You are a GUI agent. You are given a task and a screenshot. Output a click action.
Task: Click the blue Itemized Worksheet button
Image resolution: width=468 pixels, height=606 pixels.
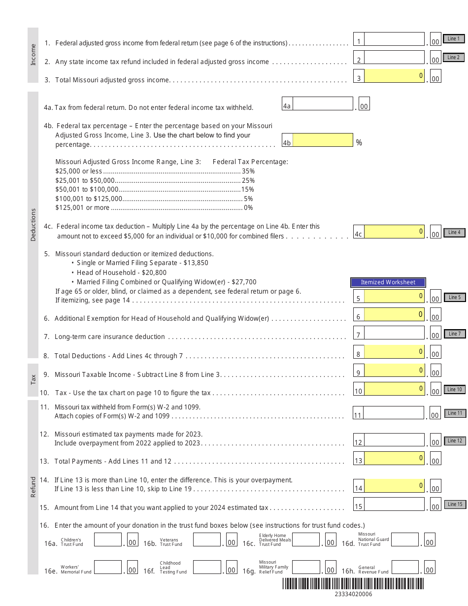(388, 282)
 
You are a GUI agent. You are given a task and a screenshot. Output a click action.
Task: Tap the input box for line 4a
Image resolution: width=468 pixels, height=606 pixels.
(323, 104)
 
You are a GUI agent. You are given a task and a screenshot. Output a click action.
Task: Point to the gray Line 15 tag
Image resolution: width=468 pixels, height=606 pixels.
(455, 505)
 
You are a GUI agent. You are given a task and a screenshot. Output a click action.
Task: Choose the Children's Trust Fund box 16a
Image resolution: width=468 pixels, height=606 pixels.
(108, 540)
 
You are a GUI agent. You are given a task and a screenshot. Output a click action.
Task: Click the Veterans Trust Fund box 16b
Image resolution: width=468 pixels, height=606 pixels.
(207, 540)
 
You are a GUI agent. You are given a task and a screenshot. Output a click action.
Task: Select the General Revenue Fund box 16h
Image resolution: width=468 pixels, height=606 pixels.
(405, 568)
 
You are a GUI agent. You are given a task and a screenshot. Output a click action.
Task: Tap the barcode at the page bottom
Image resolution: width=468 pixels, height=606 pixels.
(353, 584)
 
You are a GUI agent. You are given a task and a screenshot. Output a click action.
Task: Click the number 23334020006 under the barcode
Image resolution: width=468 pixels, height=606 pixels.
(353, 594)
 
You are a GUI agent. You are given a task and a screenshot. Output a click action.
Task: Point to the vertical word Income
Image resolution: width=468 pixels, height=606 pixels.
(33, 55)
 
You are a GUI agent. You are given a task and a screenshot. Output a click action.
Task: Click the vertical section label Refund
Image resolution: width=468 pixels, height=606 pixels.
(33, 487)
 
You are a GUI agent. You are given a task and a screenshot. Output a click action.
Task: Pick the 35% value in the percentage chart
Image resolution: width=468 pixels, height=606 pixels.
(248, 171)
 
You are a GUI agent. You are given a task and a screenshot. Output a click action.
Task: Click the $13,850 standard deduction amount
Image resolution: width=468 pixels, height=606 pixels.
(196, 263)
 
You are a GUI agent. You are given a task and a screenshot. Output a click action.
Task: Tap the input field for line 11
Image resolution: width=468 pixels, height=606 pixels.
(394, 413)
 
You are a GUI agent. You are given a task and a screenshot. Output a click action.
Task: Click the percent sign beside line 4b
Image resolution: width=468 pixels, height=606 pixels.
(359, 142)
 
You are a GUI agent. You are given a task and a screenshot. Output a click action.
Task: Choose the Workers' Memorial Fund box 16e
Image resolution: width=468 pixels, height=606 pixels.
(108, 568)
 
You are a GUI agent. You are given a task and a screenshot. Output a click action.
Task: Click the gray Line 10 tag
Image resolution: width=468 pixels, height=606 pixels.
(454, 390)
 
